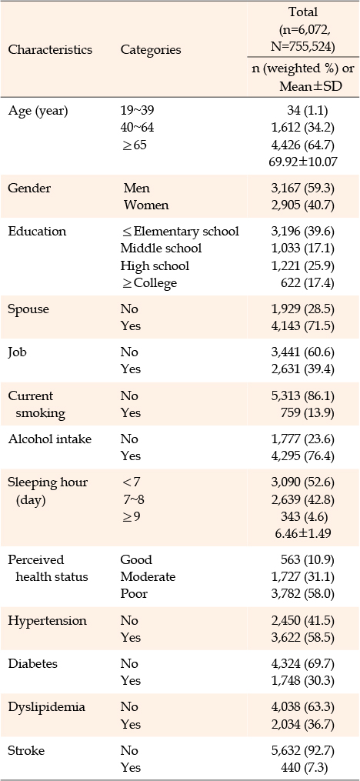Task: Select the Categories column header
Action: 151,50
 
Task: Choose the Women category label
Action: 146,205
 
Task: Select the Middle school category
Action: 161,248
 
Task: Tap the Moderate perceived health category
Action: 148,577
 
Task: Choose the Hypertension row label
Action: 47,621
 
